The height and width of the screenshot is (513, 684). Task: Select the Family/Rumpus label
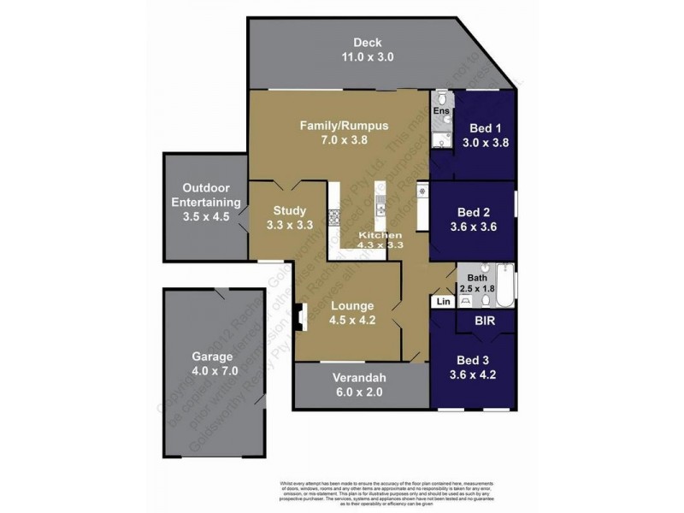tap(344, 126)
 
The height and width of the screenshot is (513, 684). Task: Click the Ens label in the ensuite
tap(440, 111)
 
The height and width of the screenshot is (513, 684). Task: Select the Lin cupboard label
tap(443, 301)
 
